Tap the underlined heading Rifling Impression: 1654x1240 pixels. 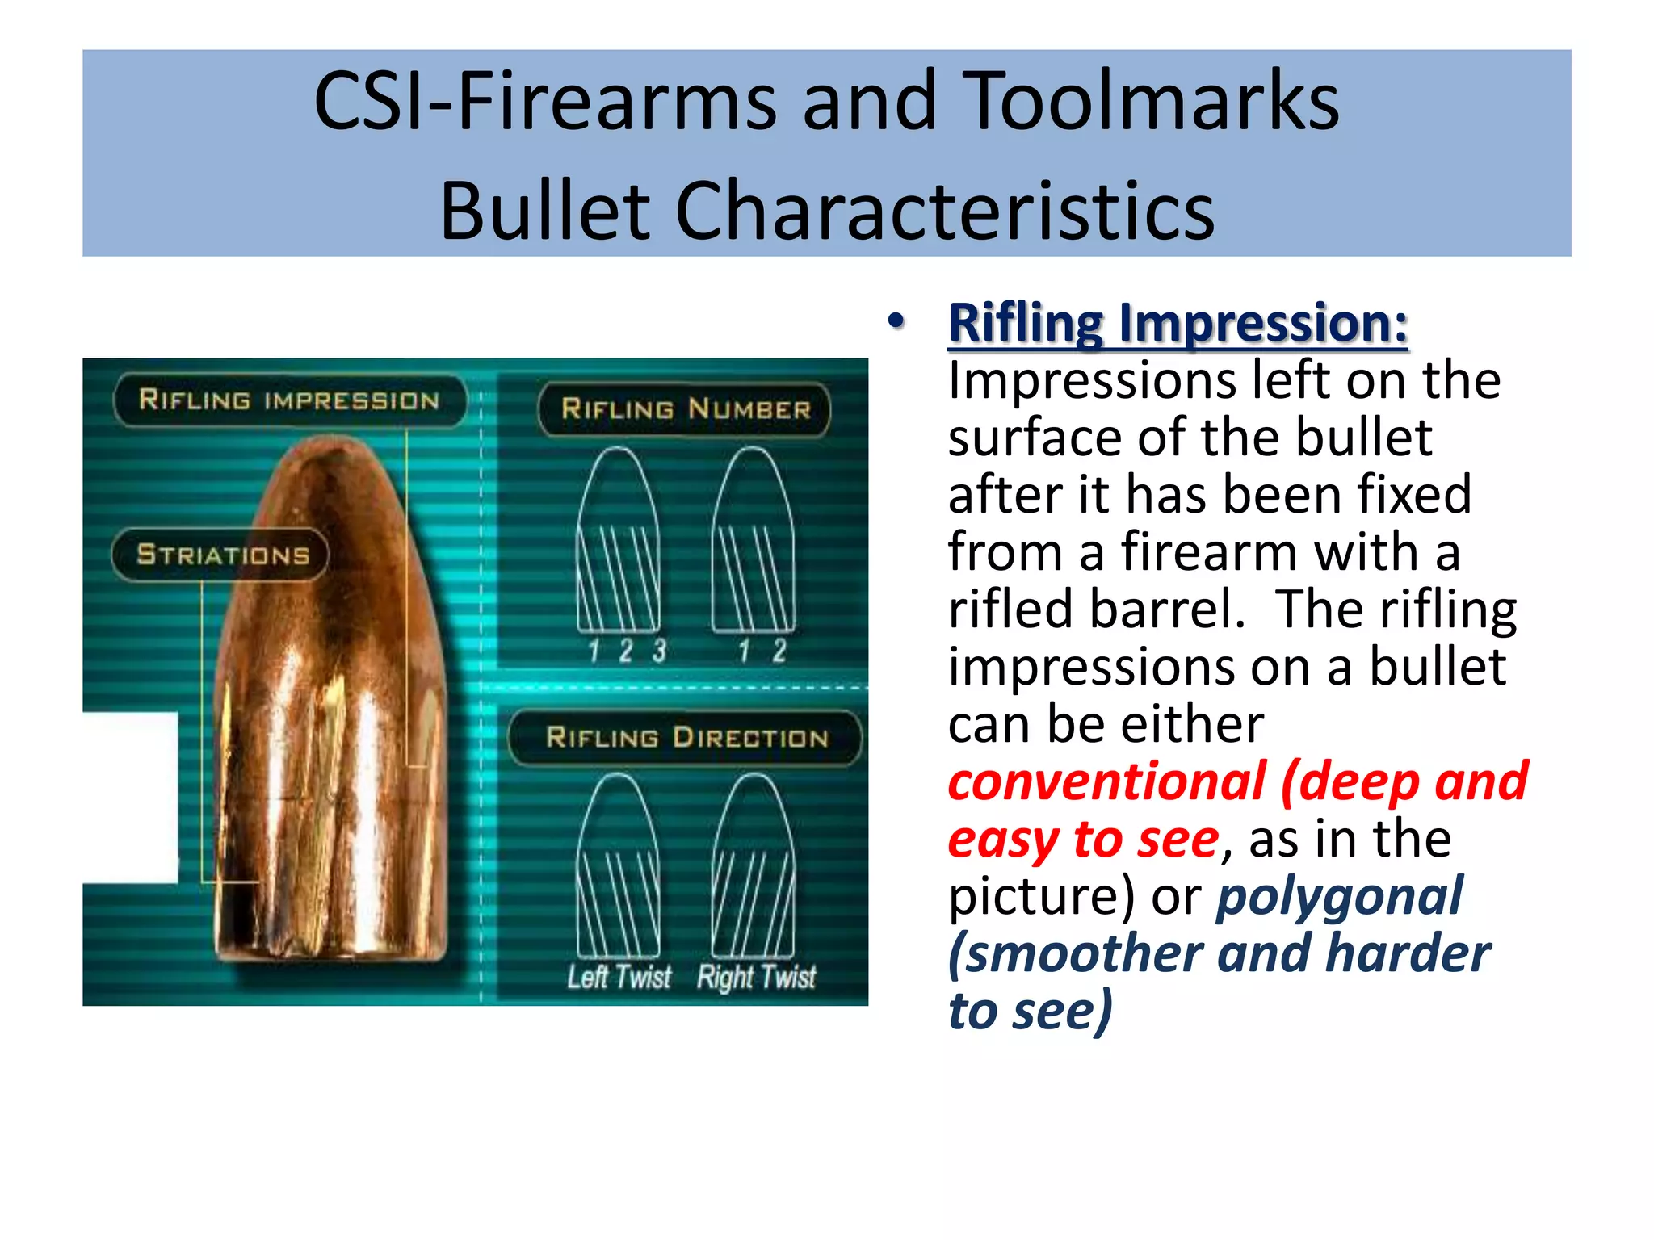coord(1178,323)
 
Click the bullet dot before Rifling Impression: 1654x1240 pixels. coord(895,321)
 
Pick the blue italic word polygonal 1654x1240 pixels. coord(1339,896)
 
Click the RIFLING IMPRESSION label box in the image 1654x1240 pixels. coord(289,400)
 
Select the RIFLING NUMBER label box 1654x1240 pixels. coord(685,409)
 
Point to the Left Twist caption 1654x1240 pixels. coord(619,978)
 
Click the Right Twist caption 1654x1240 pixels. coord(757,978)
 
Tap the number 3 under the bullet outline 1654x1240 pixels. coord(660,651)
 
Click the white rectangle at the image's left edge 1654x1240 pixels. coord(130,798)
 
